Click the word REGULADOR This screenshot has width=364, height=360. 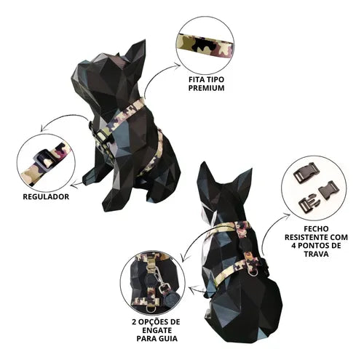[x=46, y=196]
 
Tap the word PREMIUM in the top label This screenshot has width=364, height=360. [x=206, y=88]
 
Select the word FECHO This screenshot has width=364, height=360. [x=316, y=228]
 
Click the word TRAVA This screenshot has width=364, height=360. [x=316, y=254]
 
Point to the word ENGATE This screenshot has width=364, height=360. [x=157, y=330]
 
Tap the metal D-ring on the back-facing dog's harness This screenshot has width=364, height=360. [x=254, y=273]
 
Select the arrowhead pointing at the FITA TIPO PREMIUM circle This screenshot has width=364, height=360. [x=178, y=65]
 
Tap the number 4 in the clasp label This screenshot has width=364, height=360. [x=294, y=246]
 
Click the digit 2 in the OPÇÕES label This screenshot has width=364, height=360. [x=135, y=322]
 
